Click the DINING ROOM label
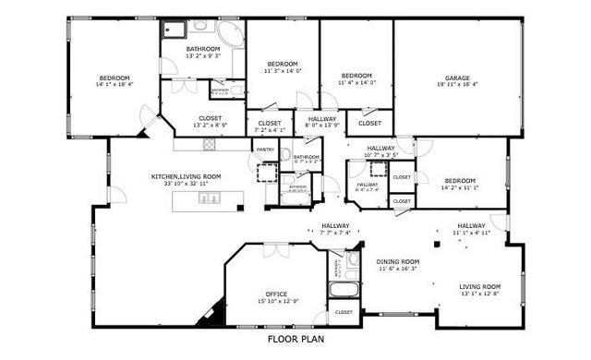coord(397,261)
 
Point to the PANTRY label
coord(264,149)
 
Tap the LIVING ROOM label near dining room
coord(480,286)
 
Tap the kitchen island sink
coord(203,197)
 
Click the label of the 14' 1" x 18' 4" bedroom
coord(115,78)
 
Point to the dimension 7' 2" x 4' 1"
coord(270,130)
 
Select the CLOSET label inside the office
coord(344,312)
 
